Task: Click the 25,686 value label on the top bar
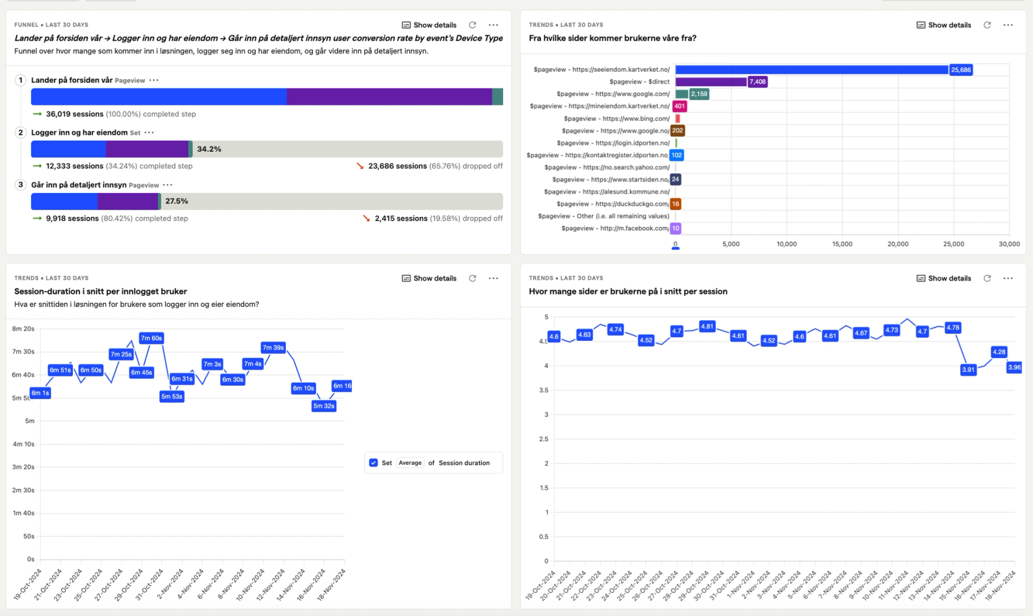pyautogui.click(x=961, y=70)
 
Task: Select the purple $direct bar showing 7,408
pyautogui.click(x=710, y=82)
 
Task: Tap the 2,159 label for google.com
pyautogui.click(x=699, y=94)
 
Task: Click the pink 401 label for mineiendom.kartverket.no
pyautogui.click(x=679, y=106)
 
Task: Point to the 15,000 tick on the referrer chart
pyautogui.click(x=842, y=244)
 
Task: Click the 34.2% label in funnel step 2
pyautogui.click(x=209, y=149)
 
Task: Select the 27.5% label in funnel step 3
pyautogui.click(x=177, y=201)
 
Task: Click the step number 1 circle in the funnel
pyautogui.click(x=21, y=80)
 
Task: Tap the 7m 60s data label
pyautogui.click(x=151, y=338)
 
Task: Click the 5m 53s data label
pyautogui.click(x=172, y=397)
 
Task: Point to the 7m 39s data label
pyautogui.click(x=273, y=348)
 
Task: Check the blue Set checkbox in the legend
pyautogui.click(x=374, y=463)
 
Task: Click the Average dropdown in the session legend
pyautogui.click(x=410, y=463)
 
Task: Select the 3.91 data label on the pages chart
pyautogui.click(x=968, y=370)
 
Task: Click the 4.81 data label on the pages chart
pyautogui.click(x=707, y=327)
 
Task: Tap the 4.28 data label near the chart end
pyautogui.click(x=999, y=352)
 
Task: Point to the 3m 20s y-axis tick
pyautogui.click(x=24, y=467)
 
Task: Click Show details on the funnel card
pyautogui.click(x=429, y=26)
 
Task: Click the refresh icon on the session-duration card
pyautogui.click(x=473, y=278)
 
